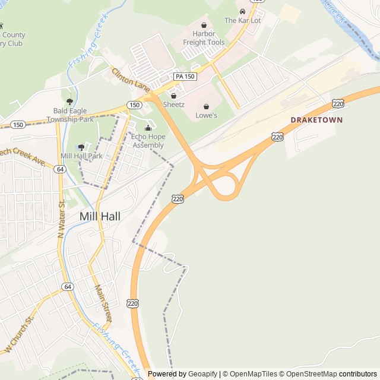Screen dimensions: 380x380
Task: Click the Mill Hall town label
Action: click(100, 217)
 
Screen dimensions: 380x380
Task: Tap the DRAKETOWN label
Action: click(316, 120)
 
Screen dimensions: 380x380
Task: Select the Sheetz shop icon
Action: click(174, 96)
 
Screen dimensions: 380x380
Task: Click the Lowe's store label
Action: click(206, 115)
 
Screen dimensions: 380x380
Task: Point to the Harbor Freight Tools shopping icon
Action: click(204, 26)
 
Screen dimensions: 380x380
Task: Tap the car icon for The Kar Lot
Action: click(242, 11)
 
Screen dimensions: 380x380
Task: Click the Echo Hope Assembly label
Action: click(148, 141)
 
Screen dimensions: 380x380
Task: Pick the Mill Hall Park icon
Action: click(81, 147)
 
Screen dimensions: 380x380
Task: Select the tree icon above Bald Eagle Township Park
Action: click(70, 102)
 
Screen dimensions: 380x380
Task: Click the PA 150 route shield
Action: click(185, 77)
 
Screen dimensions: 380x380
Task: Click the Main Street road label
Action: click(103, 302)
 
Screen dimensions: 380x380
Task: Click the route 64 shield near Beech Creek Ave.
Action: click(60, 169)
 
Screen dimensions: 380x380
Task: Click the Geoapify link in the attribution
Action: click(202, 374)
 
